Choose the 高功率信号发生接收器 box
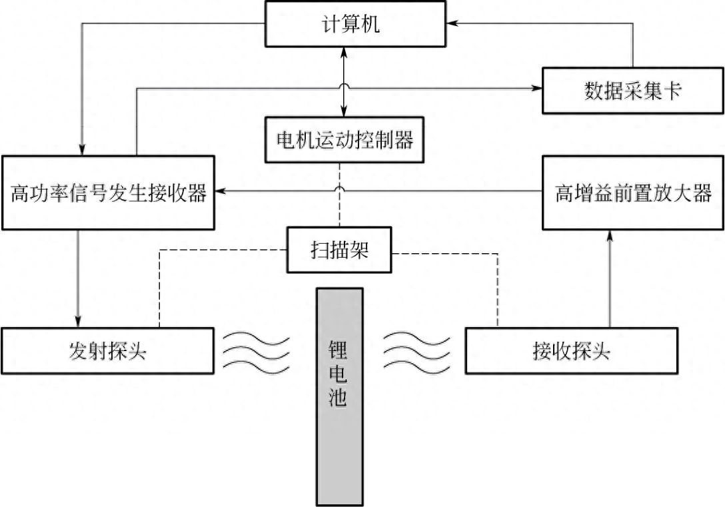coord(108,193)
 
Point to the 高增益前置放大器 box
coord(632,193)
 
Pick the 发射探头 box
coord(108,350)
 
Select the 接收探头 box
coord(572,350)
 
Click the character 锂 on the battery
coord(339,350)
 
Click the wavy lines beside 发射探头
coord(256,350)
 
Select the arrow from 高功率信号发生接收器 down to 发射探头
coord(79,276)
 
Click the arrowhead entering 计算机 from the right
coord(452,23)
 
